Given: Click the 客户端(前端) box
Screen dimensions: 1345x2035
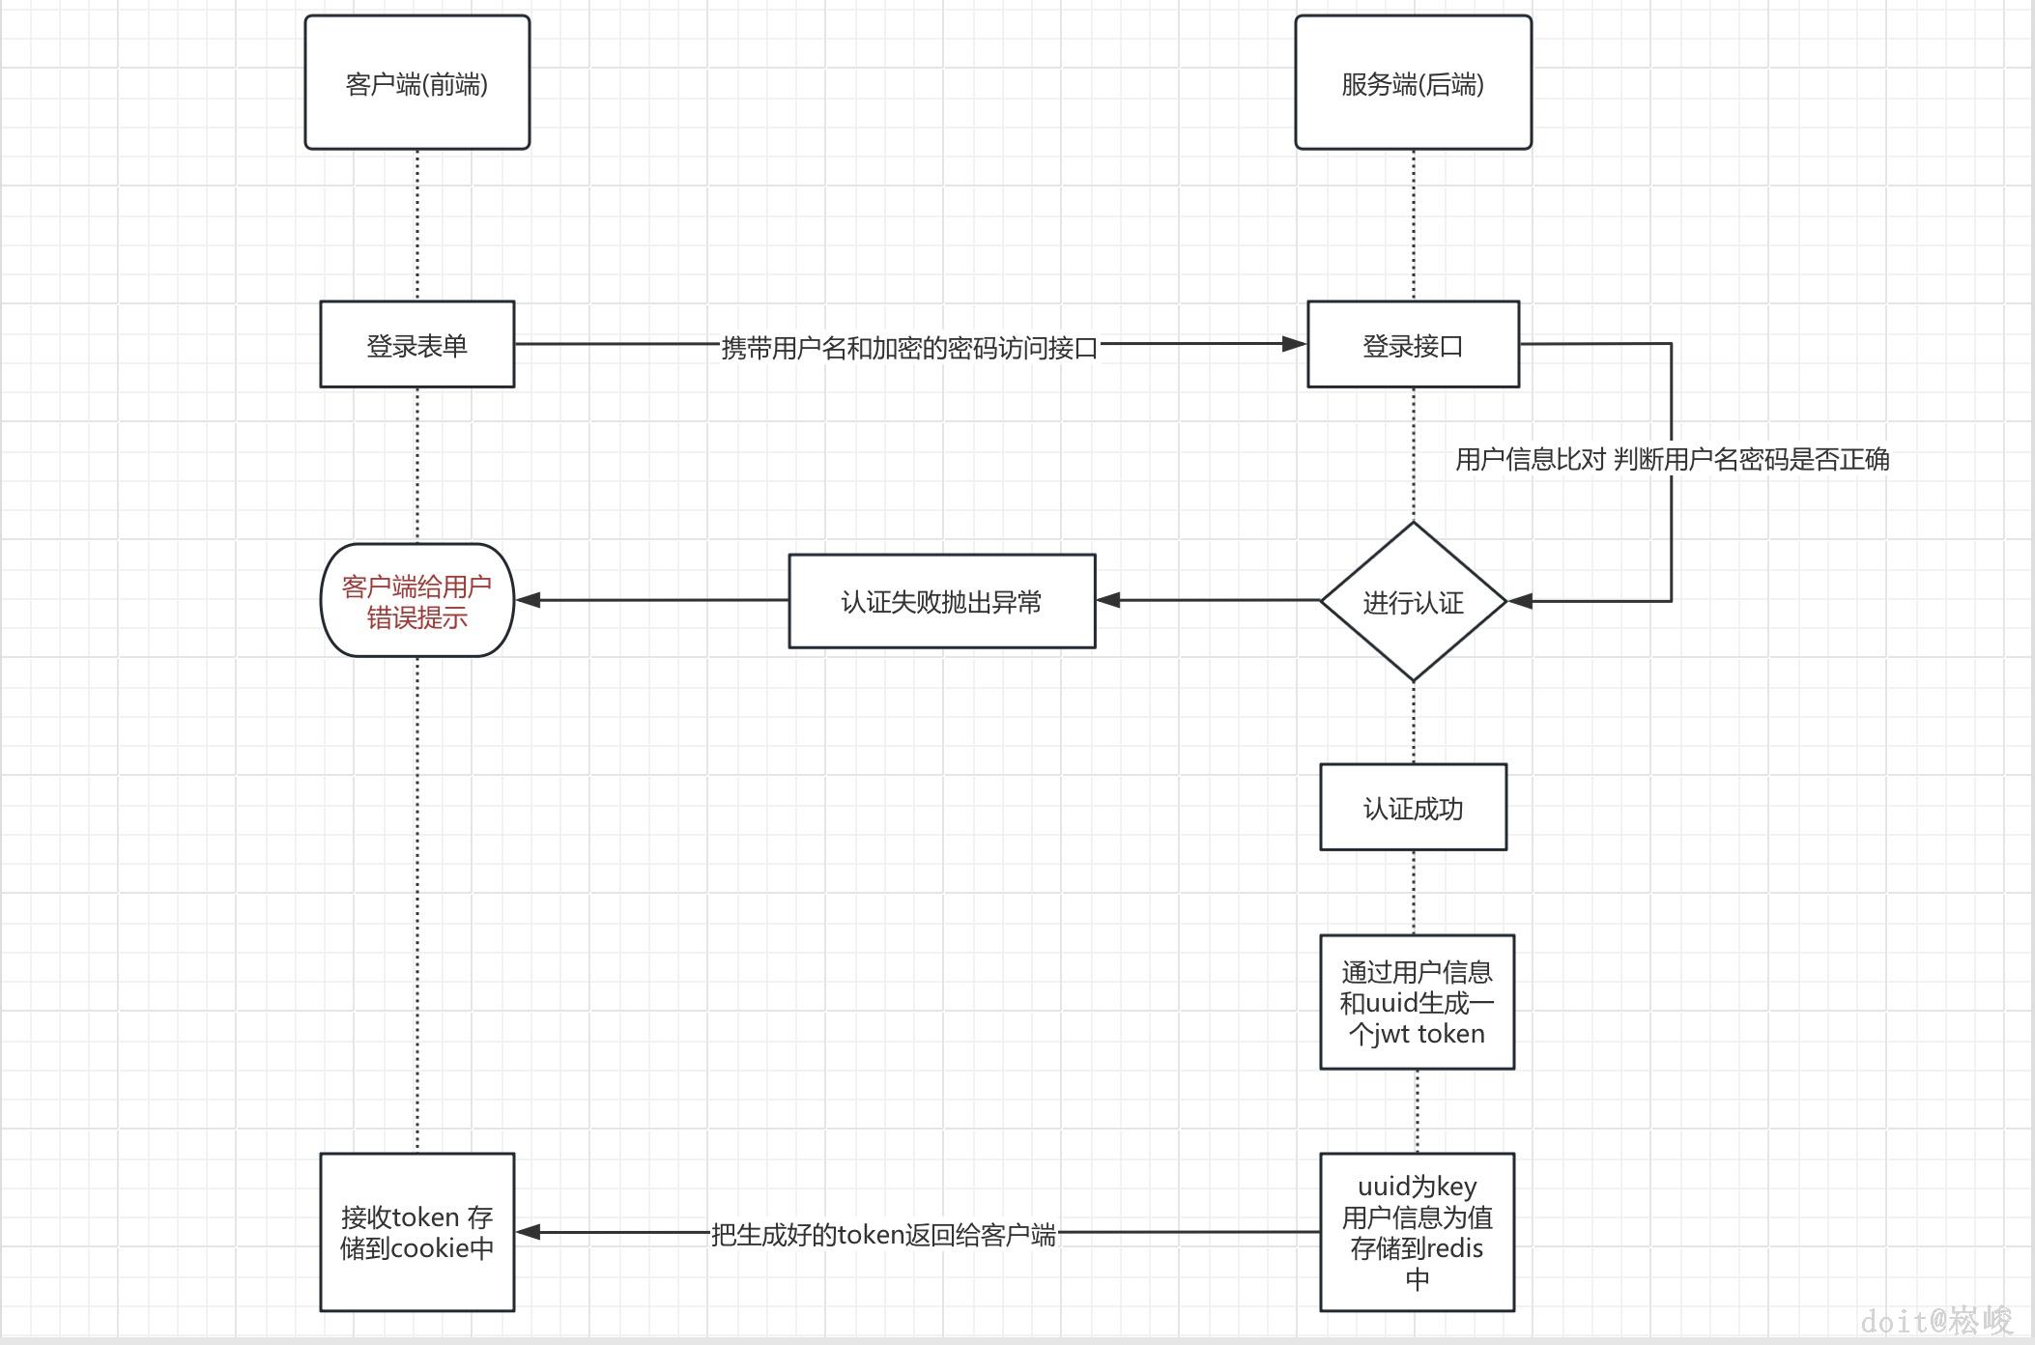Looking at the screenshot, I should tap(416, 83).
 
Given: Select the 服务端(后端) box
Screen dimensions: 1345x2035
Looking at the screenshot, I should tap(1413, 83).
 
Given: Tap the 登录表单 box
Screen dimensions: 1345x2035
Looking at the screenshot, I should tap(416, 345).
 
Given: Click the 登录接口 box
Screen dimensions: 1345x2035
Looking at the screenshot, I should tap(1413, 345).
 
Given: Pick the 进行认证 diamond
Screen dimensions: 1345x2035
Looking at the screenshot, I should tap(1413, 602).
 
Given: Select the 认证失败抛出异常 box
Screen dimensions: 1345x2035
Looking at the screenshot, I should tap(941, 601).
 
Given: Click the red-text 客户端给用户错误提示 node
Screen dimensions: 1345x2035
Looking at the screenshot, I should tap(416, 601).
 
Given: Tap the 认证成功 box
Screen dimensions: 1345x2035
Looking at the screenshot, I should tap(1413, 808).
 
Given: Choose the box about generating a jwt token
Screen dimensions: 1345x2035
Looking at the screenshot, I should tap(1417, 1002).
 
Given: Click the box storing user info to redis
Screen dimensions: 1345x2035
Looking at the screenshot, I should tap(1417, 1232).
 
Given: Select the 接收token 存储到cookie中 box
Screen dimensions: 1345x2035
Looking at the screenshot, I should tap(416, 1232).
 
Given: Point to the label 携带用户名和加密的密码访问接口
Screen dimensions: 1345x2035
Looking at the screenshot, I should tap(909, 347).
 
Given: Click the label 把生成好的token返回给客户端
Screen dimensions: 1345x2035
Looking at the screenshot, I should tap(883, 1234).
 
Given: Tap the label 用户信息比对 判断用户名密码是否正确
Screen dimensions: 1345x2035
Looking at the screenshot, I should tap(1672, 459).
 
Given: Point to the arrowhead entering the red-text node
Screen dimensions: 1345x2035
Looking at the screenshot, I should tap(528, 600).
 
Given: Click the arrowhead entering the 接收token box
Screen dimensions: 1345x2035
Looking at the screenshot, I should tap(528, 1232).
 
